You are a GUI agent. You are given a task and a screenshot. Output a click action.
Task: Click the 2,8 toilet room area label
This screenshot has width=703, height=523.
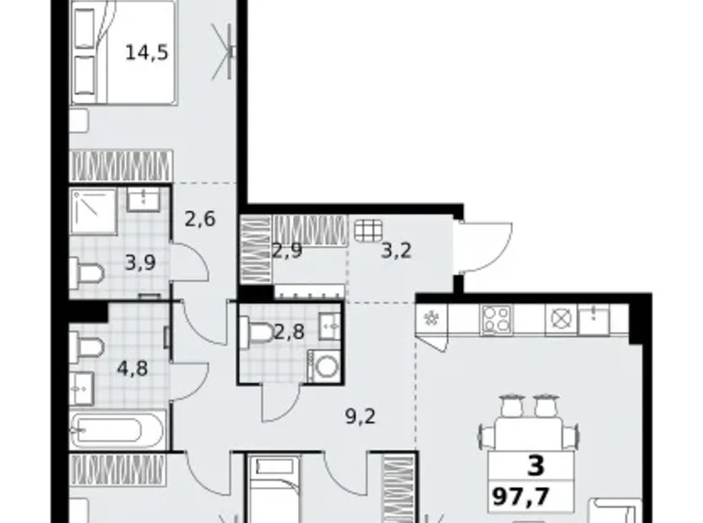tap(288, 330)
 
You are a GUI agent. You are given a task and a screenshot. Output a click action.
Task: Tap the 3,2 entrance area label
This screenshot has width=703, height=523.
tap(396, 251)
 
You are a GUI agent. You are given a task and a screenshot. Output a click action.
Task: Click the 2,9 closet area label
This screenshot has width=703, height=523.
tap(287, 251)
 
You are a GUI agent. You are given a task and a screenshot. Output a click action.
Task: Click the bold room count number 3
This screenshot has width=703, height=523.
tap(535, 467)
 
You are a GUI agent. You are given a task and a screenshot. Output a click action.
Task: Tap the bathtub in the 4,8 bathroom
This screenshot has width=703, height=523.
tap(118, 430)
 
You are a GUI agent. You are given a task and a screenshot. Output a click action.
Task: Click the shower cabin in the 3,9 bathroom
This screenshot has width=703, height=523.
tap(93, 210)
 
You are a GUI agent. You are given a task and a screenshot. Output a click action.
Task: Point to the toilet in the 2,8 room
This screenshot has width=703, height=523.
tap(260, 334)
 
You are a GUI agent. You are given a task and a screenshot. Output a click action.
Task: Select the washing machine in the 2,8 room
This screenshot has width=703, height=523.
tap(324, 367)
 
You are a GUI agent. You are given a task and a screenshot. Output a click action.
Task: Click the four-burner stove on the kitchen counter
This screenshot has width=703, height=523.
tap(497, 318)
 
